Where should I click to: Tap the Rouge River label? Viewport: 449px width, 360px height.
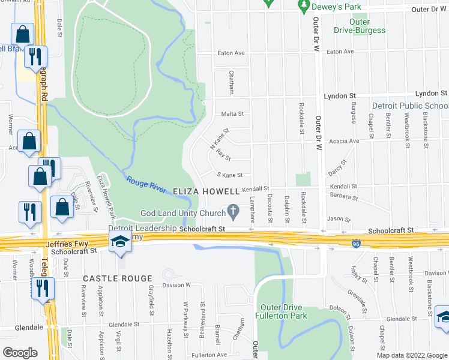tap(146, 184)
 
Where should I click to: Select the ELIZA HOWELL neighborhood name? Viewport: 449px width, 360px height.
tap(206, 191)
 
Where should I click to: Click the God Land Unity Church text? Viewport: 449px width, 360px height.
tap(182, 213)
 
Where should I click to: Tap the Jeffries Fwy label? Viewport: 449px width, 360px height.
tap(69, 244)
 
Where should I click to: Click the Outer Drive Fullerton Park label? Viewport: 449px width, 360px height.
tap(281, 311)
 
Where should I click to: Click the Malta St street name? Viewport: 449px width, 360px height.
tap(232, 113)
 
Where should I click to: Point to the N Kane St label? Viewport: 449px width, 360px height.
tap(220, 139)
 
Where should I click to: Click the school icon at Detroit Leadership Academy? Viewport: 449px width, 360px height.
tap(120, 242)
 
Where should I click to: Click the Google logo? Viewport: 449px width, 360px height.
tap(20, 352)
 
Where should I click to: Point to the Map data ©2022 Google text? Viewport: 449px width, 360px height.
tap(411, 355)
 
